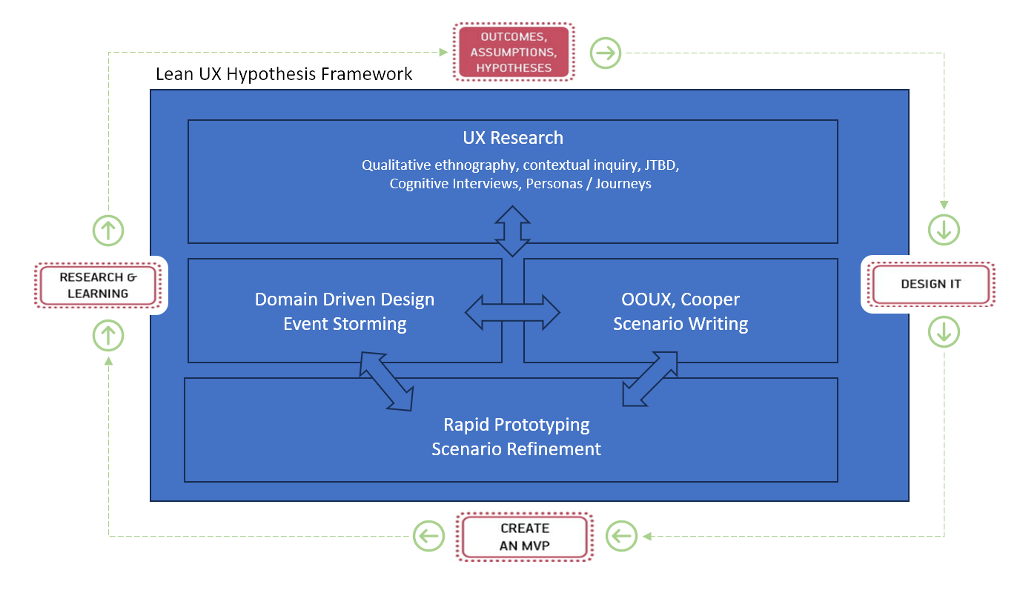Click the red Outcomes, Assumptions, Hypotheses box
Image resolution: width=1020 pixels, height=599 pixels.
point(514,52)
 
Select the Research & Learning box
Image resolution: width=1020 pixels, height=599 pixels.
point(98,285)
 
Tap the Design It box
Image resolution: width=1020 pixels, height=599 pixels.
point(931,284)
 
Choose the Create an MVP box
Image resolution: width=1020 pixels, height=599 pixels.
point(525,537)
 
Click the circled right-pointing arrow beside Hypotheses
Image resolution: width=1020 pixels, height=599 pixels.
point(606,53)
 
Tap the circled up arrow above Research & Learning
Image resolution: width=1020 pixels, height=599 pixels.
point(108,231)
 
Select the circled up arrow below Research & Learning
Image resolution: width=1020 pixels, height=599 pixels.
point(108,335)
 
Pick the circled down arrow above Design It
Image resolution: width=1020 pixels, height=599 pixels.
point(944,230)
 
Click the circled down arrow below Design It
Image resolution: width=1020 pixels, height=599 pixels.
point(944,331)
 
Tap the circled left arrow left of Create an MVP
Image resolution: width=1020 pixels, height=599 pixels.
point(429,536)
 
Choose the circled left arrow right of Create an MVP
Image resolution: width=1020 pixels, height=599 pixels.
point(621,536)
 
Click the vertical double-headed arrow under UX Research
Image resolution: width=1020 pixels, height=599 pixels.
point(512,231)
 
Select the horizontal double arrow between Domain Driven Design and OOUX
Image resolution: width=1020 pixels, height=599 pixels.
point(512,313)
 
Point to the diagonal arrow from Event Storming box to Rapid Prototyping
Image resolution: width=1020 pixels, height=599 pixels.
point(387,381)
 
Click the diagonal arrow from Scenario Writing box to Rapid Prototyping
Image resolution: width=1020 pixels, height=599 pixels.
point(650,379)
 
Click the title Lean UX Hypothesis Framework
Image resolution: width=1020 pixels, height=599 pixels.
point(284,74)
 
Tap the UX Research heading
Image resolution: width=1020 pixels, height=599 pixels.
point(513,138)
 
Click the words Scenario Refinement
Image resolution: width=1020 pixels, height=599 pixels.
point(517,449)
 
